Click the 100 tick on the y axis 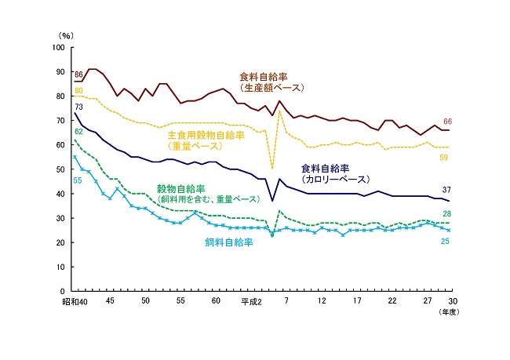tap(59, 48)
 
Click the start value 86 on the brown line tap(78, 74)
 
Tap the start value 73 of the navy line tap(78, 107)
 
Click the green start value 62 tap(78, 132)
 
